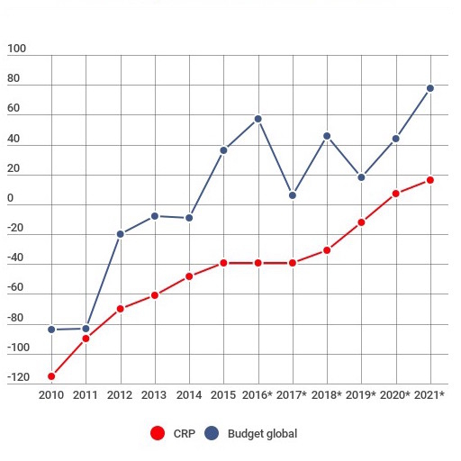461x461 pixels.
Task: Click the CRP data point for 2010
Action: (51, 376)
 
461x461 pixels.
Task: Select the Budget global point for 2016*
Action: (258, 119)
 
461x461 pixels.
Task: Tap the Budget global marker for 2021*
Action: (430, 88)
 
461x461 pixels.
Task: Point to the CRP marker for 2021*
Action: (430, 180)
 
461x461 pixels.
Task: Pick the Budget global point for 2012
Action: (120, 234)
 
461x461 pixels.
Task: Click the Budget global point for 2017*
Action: (293, 195)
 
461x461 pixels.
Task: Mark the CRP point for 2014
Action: (189, 276)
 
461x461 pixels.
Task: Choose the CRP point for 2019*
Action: (361, 222)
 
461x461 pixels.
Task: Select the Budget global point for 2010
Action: (51, 330)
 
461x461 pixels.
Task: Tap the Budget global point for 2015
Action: (223, 150)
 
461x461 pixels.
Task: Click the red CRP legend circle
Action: (158, 434)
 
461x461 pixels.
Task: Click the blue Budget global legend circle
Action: (212, 434)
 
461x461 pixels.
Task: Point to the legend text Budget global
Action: (262, 434)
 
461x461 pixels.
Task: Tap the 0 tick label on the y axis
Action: (11, 198)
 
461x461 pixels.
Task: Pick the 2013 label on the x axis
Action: (154, 394)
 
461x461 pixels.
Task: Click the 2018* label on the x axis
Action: (327, 394)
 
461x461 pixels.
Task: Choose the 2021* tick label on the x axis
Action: (430, 394)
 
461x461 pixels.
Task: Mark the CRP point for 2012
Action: (120, 309)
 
